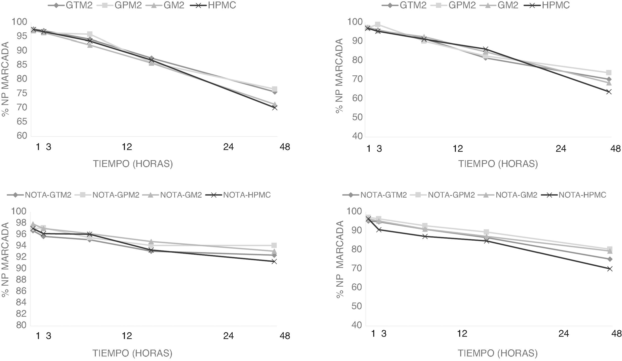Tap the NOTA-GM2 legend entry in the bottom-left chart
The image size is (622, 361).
click(181, 195)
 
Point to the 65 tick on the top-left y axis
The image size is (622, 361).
click(22, 121)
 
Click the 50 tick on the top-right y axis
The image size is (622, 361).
click(357, 117)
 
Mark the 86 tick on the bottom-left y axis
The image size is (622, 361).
click(22, 291)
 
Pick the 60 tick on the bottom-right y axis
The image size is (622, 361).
click(357, 287)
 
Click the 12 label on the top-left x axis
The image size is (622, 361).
click(127, 147)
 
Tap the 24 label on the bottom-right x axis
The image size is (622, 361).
click(564, 334)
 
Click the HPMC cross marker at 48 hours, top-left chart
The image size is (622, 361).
click(275, 108)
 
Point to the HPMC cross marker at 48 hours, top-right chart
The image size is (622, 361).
click(609, 92)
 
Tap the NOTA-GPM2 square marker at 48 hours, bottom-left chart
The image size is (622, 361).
click(274, 245)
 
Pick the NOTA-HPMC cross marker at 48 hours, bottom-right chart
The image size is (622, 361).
click(610, 269)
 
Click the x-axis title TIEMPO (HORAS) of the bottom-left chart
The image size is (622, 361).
click(132, 353)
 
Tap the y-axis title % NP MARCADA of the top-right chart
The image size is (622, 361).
click(339, 76)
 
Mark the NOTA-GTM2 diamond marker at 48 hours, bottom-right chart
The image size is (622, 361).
click(610, 259)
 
